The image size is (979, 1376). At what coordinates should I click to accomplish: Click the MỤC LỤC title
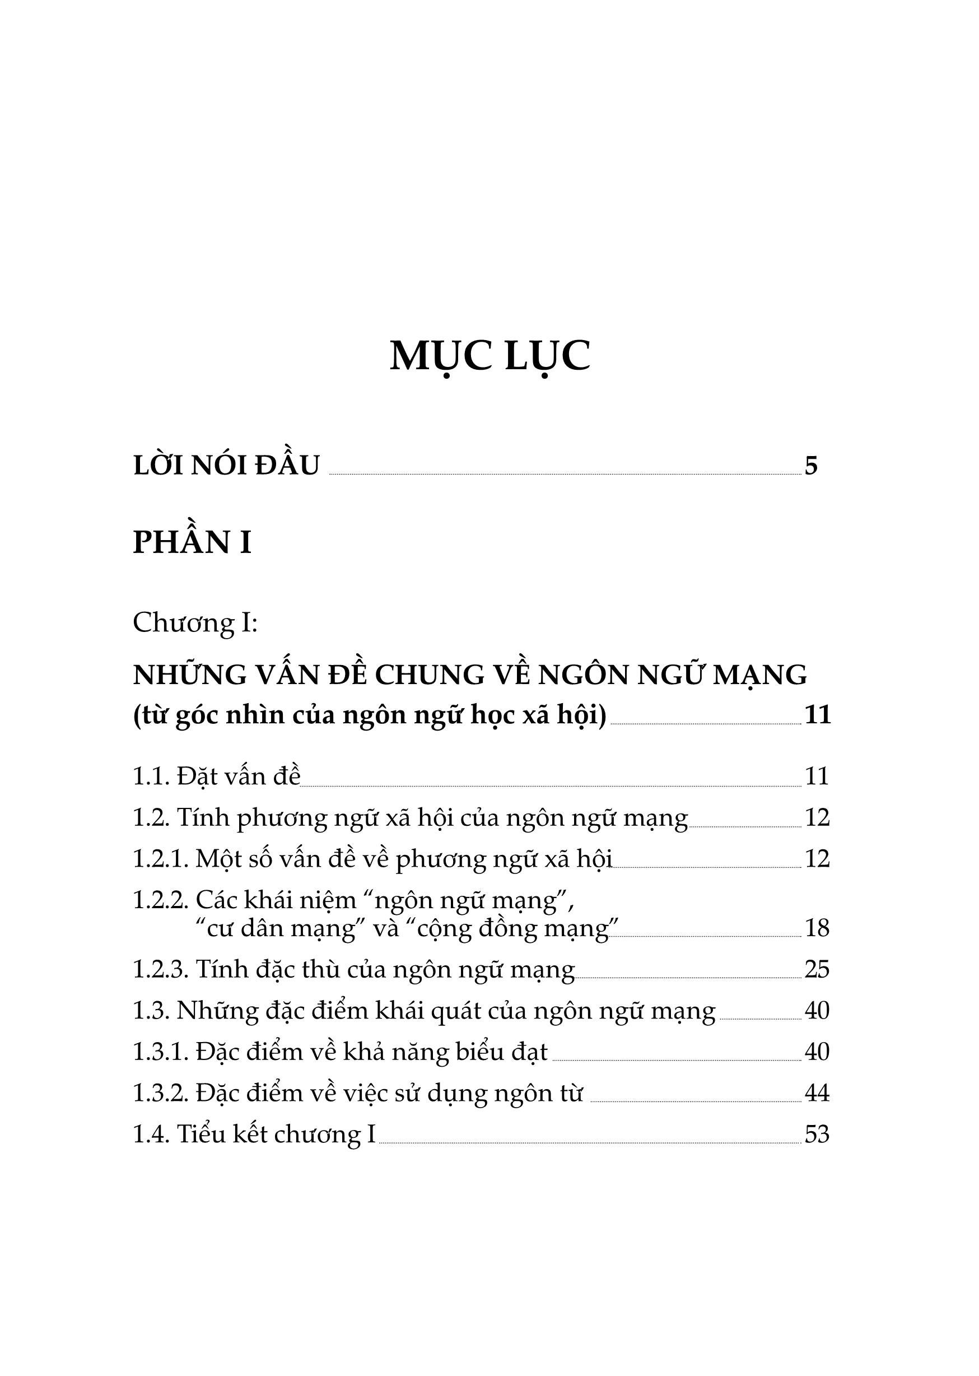tap(489, 356)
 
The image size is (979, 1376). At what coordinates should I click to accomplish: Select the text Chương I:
tap(195, 622)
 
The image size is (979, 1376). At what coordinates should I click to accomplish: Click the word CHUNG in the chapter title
tap(429, 675)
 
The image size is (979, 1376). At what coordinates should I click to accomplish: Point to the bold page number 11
tap(818, 714)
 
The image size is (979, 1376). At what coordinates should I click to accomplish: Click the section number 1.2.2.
tap(160, 900)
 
